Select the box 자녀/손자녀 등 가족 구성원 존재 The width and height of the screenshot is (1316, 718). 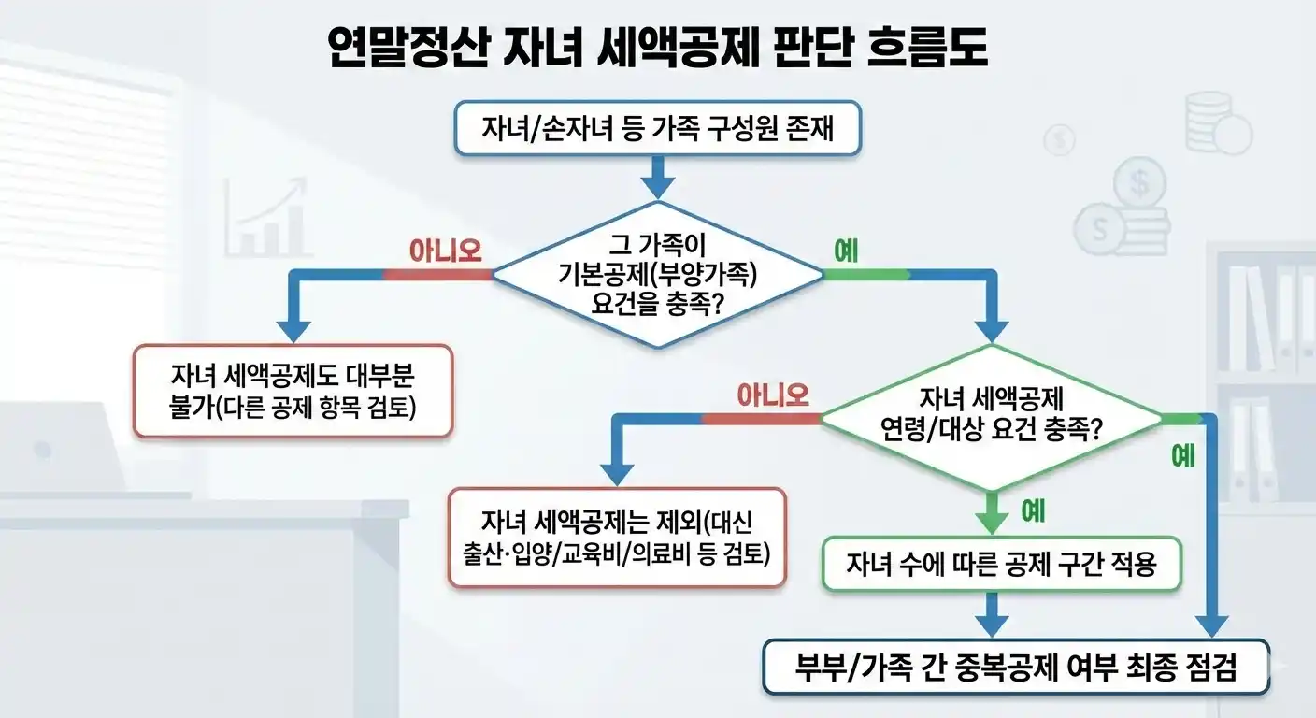pyautogui.click(x=657, y=127)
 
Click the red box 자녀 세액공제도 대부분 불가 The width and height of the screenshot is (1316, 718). pyautogui.click(x=293, y=391)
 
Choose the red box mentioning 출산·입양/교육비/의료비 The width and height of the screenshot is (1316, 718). pyautogui.click(x=617, y=537)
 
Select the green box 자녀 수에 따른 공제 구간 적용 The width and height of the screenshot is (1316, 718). pyautogui.click(x=1002, y=564)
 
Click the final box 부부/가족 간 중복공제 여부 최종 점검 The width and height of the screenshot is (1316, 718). pyautogui.click(x=1016, y=667)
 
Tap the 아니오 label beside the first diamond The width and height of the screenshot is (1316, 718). pyautogui.click(x=446, y=250)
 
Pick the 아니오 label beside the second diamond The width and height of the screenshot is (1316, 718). pyautogui.click(x=773, y=395)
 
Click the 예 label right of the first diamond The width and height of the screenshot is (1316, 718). pyautogui.click(x=846, y=251)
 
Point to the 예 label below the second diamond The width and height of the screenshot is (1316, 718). pyautogui.click(x=1033, y=511)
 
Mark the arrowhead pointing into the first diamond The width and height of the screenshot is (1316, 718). pyautogui.click(x=657, y=187)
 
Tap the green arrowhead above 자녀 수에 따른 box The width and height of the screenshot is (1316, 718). pyautogui.click(x=991, y=522)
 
